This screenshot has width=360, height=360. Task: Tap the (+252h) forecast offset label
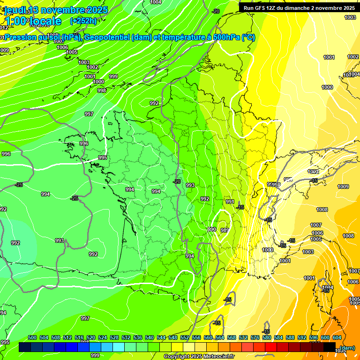[x=83, y=21]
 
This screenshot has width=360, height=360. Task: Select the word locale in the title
[x=45, y=21]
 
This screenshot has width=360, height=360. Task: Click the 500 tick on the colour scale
[x=32, y=337]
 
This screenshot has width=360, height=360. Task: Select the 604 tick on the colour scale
[x=337, y=337]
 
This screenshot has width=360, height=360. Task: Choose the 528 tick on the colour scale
[x=114, y=337]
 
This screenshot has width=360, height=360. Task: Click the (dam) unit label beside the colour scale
[x=347, y=348]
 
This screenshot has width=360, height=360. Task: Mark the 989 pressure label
[x=225, y=230]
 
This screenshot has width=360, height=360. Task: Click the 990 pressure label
[x=212, y=229]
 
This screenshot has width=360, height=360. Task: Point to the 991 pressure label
[x=230, y=202]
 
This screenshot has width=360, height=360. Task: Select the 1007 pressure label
[x=316, y=225]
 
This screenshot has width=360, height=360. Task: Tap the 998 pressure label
[x=102, y=90]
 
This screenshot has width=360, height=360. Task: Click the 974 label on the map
[x=190, y=256]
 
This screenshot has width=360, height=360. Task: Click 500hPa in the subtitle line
[x=225, y=37]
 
